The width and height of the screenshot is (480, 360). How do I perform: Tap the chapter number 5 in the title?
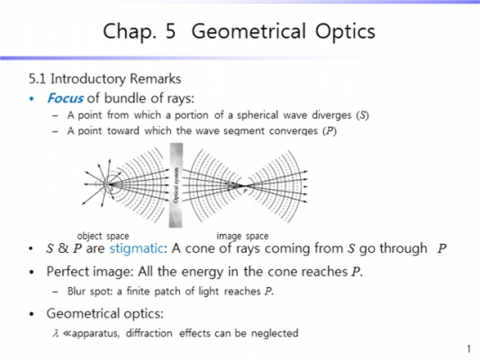172,32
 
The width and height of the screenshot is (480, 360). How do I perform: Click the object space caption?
103,236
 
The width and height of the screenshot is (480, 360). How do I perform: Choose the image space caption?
242,236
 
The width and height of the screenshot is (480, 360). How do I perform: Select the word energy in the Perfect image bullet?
204,272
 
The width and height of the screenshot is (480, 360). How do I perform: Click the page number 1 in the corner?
469,349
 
